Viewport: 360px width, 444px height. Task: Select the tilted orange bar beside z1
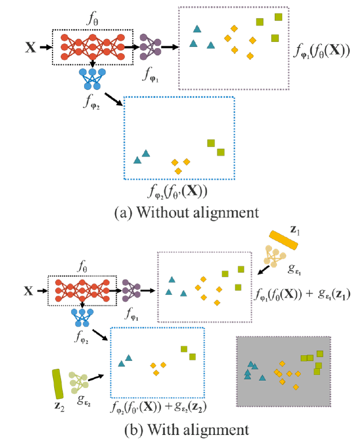click(283, 240)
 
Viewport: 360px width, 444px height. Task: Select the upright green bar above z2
click(57, 384)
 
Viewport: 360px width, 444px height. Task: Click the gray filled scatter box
click(284, 371)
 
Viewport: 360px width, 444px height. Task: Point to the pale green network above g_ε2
click(78, 382)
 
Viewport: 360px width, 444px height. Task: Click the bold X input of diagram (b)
click(29, 291)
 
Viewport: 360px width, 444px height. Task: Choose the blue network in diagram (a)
click(91, 80)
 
